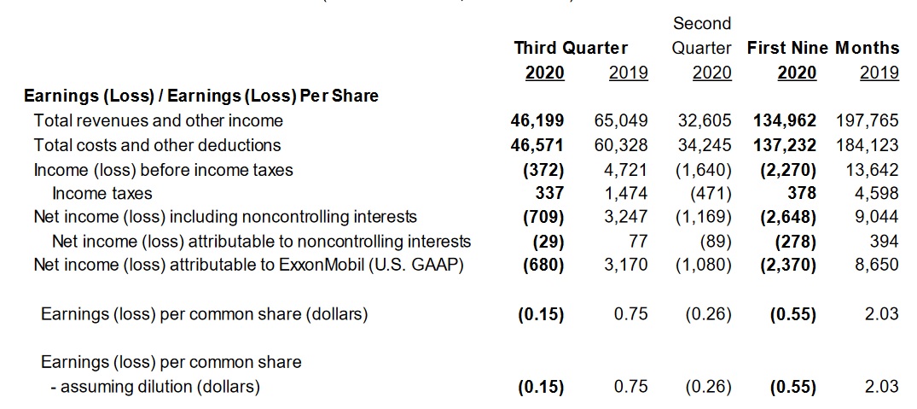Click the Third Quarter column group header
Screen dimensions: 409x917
point(571,48)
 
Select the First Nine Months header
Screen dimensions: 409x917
point(823,48)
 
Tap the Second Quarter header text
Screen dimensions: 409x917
point(702,35)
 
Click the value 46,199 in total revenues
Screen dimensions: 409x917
point(537,121)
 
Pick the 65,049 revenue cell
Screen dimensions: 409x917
point(620,121)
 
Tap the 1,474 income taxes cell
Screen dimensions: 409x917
point(626,194)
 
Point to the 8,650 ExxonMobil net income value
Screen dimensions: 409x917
point(876,266)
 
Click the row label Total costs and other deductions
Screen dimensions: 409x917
point(157,145)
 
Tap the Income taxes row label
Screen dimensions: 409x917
point(102,194)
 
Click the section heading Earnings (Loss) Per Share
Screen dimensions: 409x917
point(200,96)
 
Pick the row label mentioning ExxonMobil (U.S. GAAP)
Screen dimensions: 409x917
point(248,266)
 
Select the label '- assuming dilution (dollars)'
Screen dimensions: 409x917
point(154,387)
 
